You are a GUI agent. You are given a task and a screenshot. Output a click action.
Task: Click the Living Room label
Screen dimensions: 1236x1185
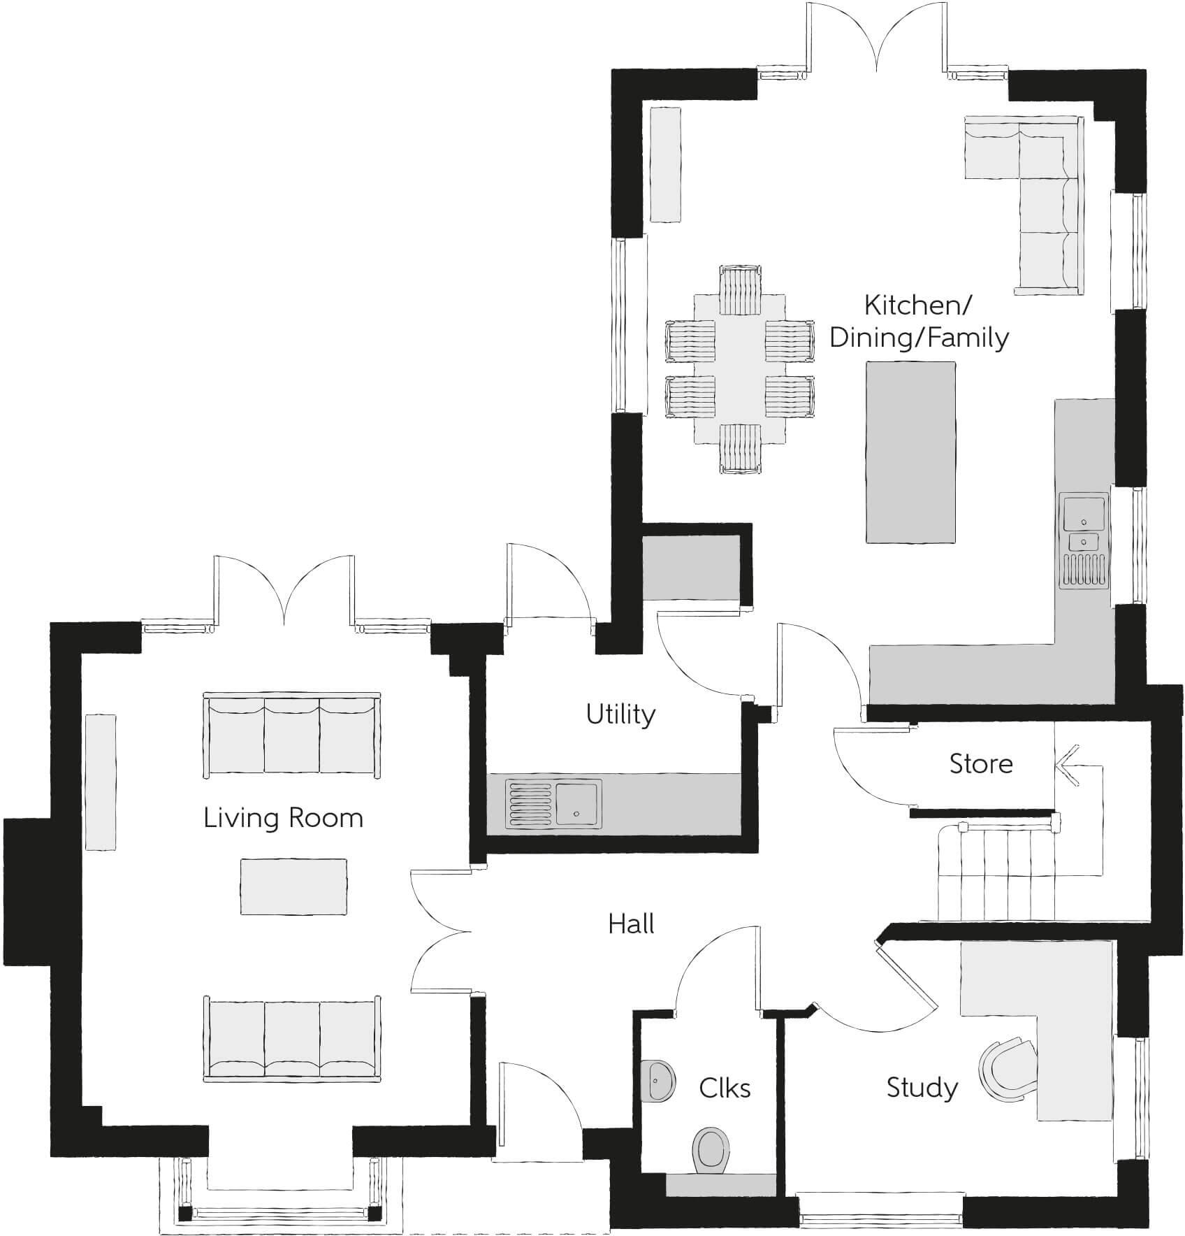click(x=283, y=818)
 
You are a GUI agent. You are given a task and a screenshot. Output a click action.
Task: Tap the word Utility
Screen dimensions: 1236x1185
click(x=620, y=714)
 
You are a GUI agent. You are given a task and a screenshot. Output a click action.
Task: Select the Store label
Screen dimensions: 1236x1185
click(x=980, y=763)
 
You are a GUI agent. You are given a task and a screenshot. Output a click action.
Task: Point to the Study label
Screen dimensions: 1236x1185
click(x=922, y=1088)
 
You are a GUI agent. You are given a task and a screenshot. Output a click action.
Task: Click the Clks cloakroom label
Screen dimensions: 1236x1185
click(x=725, y=1088)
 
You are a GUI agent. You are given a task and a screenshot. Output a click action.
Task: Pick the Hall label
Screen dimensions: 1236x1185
click(x=631, y=924)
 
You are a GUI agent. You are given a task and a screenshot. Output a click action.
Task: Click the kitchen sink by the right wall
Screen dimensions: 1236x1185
click(x=1084, y=513)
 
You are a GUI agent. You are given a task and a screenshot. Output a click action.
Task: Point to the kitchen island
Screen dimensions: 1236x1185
click(x=910, y=452)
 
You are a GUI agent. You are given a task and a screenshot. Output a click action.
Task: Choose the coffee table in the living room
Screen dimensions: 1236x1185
click(x=293, y=886)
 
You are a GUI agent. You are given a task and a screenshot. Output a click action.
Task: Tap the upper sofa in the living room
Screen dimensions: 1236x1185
click(x=292, y=736)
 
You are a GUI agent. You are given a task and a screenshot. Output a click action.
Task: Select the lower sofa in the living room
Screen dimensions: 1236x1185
click(x=292, y=1039)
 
